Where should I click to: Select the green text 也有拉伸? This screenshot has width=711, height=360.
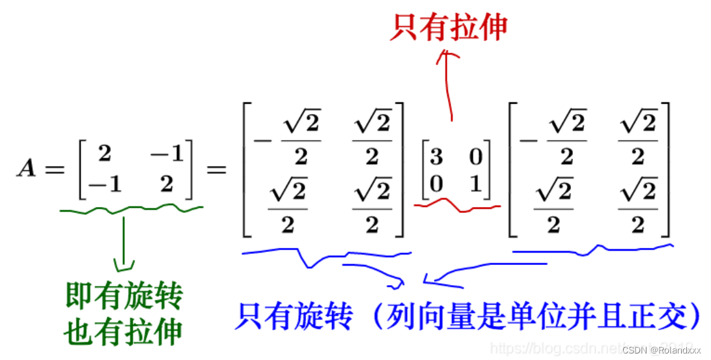[x=123, y=332]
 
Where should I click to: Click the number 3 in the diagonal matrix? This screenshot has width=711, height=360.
[x=436, y=157]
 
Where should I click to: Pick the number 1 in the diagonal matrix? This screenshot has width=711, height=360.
[x=475, y=184]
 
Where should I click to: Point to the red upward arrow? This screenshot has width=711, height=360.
[x=448, y=85]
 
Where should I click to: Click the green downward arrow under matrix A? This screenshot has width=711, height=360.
[x=124, y=247]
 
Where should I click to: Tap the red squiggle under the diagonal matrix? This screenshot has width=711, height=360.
[x=457, y=206]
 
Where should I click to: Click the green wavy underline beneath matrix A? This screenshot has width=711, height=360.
[x=130, y=209]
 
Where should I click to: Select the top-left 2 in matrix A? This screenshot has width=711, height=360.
[x=104, y=154]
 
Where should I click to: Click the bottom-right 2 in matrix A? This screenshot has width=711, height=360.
[x=167, y=185]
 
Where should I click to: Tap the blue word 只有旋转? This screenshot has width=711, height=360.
[x=294, y=318]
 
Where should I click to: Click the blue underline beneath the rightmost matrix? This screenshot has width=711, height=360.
[x=592, y=249]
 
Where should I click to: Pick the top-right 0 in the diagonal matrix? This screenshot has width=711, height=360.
[x=475, y=157]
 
